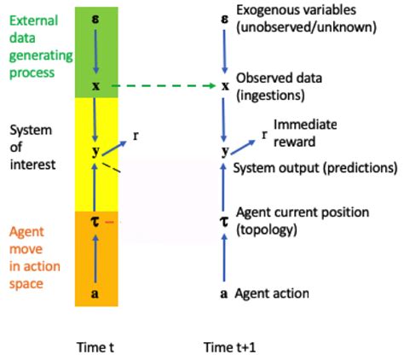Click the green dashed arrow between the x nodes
(x=161, y=86)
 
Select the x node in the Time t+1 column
(x=225, y=87)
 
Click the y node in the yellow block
(x=96, y=152)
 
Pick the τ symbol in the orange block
(x=96, y=222)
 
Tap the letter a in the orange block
(x=96, y=293)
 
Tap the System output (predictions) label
(x=315, y=168)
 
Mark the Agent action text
(x=273, y=293)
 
